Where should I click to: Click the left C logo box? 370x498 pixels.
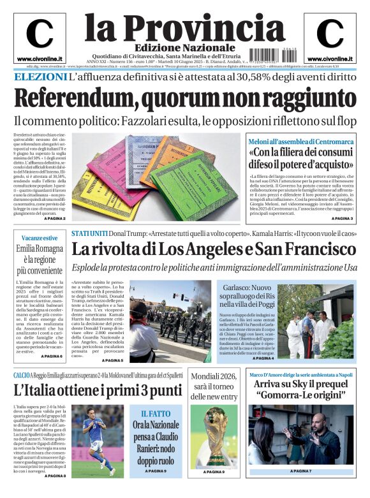click(40, 37)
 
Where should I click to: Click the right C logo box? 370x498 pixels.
click(330, 37)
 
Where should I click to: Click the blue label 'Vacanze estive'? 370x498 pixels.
click(38, 238)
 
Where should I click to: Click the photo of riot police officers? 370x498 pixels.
click(171, 319)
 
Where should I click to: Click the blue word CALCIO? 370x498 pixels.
click(21, 376)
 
